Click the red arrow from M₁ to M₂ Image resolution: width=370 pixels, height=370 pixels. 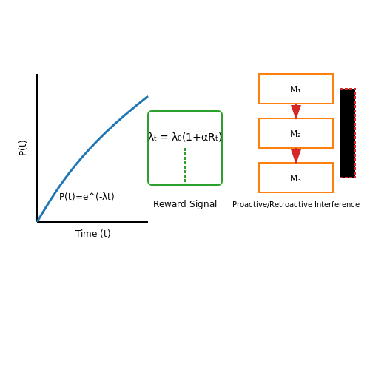coord(296,111)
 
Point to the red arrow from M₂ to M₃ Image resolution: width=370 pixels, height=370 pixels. coord(296,155)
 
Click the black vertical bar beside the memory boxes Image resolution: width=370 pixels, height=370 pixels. coord(348,133)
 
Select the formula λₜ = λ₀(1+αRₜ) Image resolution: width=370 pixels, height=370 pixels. coord(185,137)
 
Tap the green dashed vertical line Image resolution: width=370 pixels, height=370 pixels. coord(185,166)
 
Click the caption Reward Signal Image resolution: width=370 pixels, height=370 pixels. coord(185,204)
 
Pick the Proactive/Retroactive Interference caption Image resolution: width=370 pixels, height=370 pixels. coord(296,204)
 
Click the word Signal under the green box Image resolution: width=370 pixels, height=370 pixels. coord(203,204)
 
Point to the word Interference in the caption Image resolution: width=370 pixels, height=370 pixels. coord(337,204)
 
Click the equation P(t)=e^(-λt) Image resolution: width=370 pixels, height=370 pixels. coord(87,197)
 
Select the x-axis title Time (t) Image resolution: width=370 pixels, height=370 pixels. coord(93,234)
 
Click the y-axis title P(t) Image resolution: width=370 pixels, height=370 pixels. coord(23,148)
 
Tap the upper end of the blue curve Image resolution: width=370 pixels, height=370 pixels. coord(147,96)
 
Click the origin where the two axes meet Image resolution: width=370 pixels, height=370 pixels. coord(37,222)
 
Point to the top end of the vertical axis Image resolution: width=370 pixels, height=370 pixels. coord(37,74)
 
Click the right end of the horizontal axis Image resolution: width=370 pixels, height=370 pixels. coord(147,222)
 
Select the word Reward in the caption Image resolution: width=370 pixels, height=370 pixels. coord(169,204)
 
